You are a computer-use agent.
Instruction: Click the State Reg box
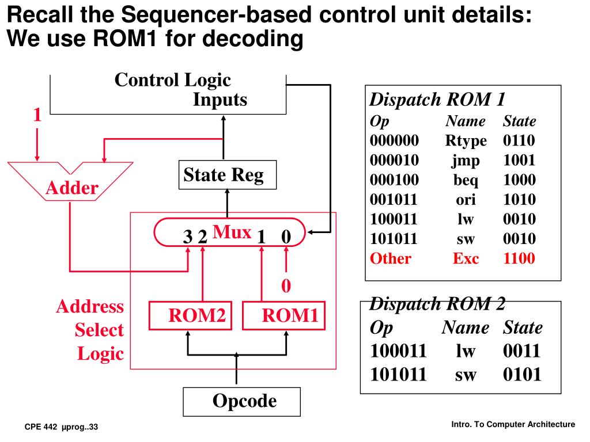click(x=228, y=175)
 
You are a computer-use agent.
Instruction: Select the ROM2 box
click(x=187, y=315)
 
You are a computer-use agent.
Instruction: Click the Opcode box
click(x=241, y=401)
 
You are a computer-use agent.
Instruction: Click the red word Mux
click(x=232, y=232)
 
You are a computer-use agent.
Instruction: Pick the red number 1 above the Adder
click(x=37, y=115)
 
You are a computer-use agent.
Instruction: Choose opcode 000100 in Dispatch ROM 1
click(x=395, y=180)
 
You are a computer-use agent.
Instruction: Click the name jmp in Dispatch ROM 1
click(x=466, y=161)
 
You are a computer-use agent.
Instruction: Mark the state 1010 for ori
click(x=519, y=200)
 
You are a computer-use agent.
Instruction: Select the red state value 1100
click(x=519, y=258)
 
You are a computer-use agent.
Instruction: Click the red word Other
click(x=391, y=258)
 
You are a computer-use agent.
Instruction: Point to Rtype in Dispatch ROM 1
click(x=466, y=141)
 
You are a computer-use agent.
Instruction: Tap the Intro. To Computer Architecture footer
click(x=513, y=424)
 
